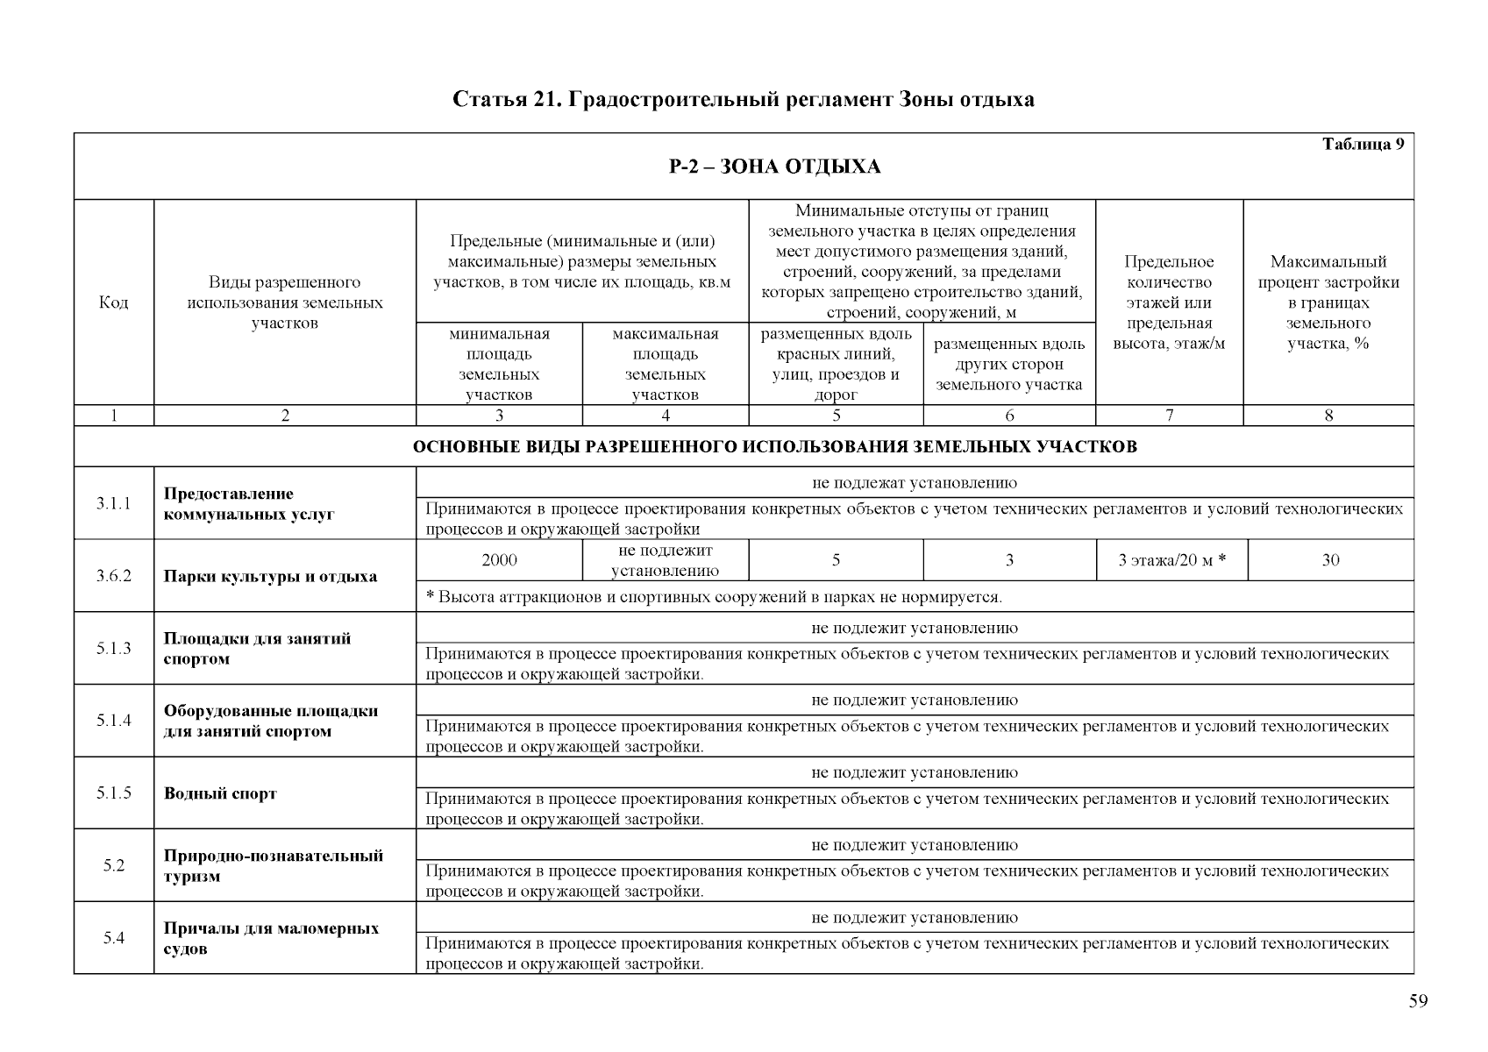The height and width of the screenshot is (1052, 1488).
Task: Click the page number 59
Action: pyautogui.click(x=1418, y=1002)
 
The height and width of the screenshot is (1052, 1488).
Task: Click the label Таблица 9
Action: pyautogui.click(x=1363, y=146)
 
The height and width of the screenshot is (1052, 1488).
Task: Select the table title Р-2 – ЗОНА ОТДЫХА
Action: pyautogui.click(x=774, y=167)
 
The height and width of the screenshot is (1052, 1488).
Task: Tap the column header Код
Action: pyautogui.click(x=114, y=302)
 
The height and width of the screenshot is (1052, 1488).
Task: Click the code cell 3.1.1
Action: pyautogui.click(x=114, y=503)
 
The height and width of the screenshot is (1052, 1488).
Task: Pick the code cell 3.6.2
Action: pyautogui.click(x=114, y=576)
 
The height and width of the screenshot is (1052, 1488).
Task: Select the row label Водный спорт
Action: pyautogui.click(x=220, y=793)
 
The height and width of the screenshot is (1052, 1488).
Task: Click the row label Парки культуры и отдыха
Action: pyautogui.click(x=270, y=577)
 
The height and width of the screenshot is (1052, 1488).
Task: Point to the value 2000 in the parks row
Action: pyautogui.click(x=499, y=560)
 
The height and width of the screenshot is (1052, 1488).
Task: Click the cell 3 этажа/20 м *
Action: pyautogui.click(x=1171, y=560)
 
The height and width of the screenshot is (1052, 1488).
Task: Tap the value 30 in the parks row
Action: pyautogui.click(x=1329, y=560)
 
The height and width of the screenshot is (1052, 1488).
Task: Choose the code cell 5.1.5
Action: pyautogui.click(x=114, y=793)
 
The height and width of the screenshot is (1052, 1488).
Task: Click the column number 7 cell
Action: pyautogui.click(x=1169, y=416)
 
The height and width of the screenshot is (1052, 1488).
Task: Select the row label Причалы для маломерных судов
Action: pyautogui.click(x=271, y=938)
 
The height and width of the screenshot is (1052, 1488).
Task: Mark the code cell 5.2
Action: pyautogui.click(x=114, y=865)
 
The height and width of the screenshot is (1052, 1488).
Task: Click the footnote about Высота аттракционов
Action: pyautogui.click(x=714, y=597)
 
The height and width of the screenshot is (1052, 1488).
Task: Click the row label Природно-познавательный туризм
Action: pyautogui.click(x=273, y=865)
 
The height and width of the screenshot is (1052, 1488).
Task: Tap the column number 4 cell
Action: pyautogui.click(x=665, y=416)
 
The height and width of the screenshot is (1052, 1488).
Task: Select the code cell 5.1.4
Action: pyautogui.click(x=114, y=721)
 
